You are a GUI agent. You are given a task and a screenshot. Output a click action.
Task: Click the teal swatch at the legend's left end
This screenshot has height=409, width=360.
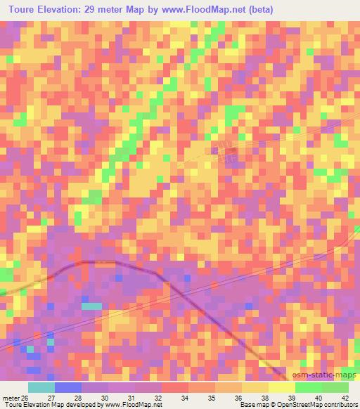(x=41, y=387)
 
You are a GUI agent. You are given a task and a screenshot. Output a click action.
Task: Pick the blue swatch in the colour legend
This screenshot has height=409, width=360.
(x=68, y=387)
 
